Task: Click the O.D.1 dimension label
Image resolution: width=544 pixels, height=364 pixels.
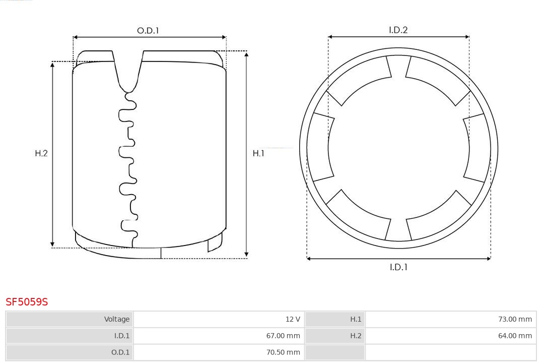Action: tap(148, 31)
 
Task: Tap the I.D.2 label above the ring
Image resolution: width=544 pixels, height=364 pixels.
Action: tap(398, 30)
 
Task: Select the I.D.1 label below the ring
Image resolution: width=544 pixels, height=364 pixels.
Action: tap(398, 267)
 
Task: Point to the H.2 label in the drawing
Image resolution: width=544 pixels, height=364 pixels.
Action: tap(41, 153)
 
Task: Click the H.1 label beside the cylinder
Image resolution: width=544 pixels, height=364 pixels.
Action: tap(258, 153)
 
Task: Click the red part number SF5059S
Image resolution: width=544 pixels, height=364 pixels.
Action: tap(27, 302)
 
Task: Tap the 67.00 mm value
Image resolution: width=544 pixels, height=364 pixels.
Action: tap(283, 336)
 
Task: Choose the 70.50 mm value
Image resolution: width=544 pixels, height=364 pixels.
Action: tap(283, 352)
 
